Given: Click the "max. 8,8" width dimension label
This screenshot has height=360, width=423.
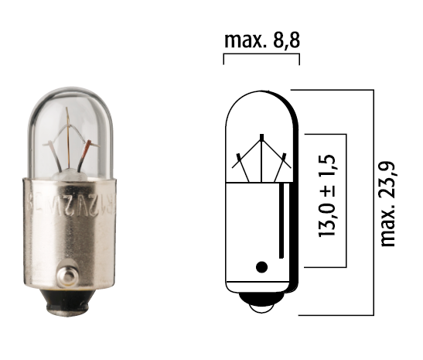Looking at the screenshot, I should pyautogui.click(x=261, y=39).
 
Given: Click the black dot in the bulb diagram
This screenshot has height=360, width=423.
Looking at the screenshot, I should pyautogui.click(x=261, y=267).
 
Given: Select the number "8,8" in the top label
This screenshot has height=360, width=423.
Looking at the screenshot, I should pyautogui.click(x=284, y=39).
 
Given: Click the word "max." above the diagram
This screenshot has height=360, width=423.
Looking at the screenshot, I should pyautogui.click(x=244, y=39).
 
